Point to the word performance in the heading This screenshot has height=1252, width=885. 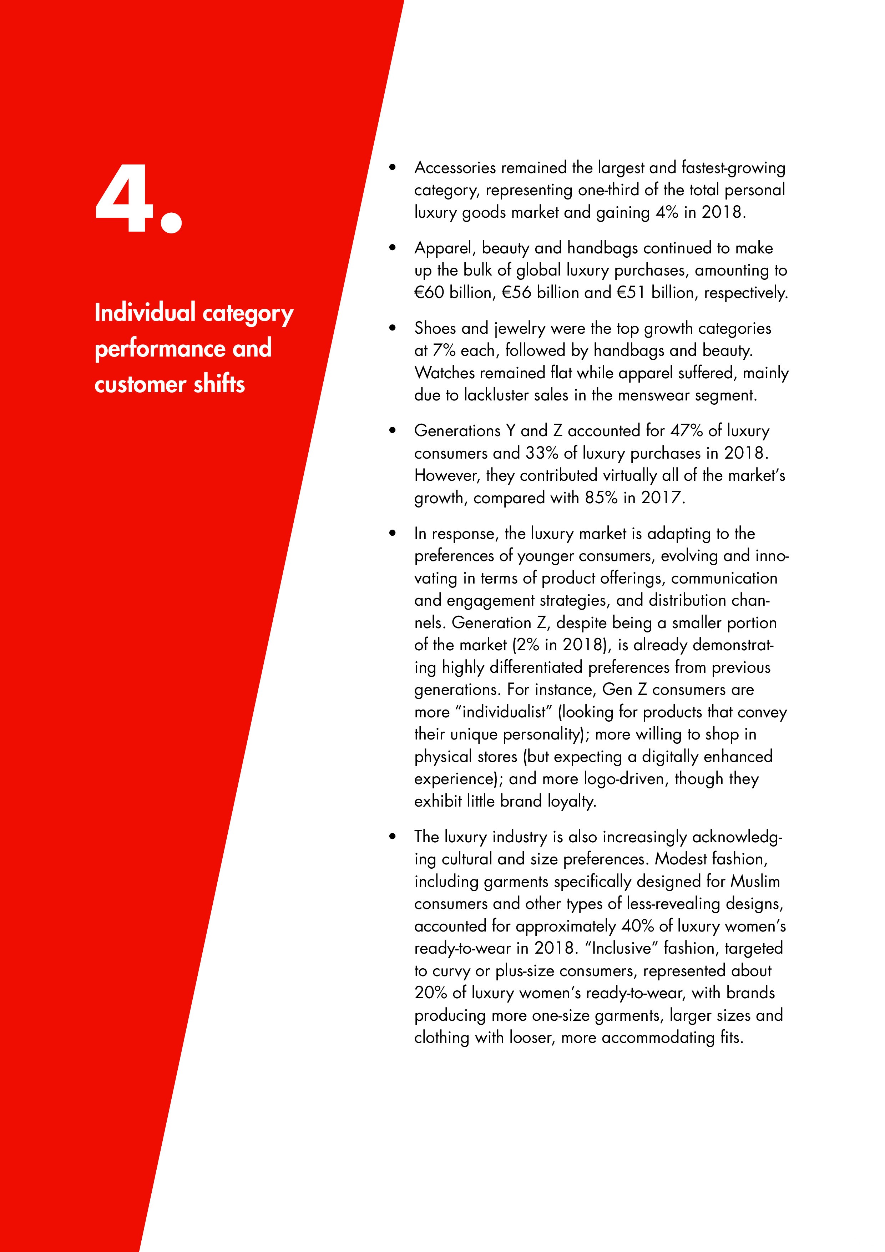point(161,349)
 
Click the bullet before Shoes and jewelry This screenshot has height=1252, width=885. point(392,328)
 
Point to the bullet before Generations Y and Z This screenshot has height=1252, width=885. point(392,431)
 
